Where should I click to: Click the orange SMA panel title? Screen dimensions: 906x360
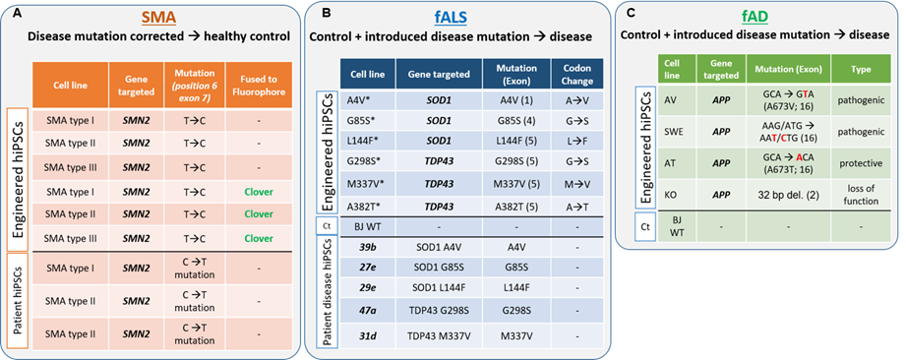159,19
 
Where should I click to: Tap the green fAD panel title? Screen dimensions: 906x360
755,19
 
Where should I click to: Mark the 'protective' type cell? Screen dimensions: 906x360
861,163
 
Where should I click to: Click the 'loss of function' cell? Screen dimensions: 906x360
861,195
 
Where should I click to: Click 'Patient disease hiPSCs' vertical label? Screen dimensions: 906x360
328,292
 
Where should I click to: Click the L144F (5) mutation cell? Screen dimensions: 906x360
515,141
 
